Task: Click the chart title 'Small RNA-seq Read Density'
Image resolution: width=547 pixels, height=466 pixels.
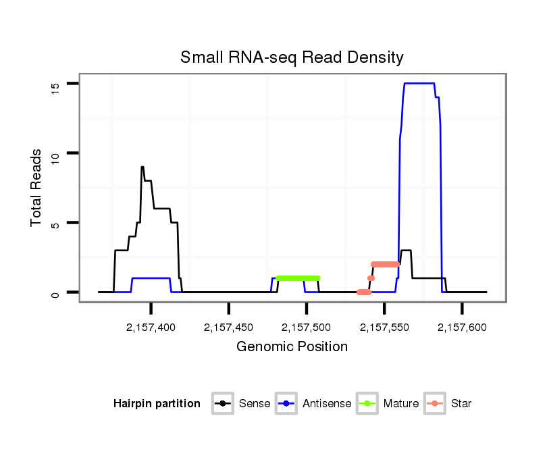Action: coord(292,57)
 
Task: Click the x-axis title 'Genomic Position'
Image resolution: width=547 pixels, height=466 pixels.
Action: coord(292,347)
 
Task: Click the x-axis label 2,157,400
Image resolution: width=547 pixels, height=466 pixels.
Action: coord(151,328)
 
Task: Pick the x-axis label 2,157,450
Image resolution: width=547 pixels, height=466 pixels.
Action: coord(228,328)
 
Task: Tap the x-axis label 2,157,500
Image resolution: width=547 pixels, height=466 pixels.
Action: coord(306,328)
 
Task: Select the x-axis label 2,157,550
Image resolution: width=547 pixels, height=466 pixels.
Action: coord(384,328)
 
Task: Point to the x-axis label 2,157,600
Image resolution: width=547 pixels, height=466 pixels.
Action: coord(462,328)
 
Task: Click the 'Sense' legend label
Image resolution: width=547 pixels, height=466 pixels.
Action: coord(255,404)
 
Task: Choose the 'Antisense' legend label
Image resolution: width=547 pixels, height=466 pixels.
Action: coord(327,404)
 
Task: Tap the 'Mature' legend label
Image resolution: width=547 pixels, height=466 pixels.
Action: coord(401,404)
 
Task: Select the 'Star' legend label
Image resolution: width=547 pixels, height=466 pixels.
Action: coord(461,404)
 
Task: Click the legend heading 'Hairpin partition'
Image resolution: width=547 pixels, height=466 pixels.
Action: coord(157,404)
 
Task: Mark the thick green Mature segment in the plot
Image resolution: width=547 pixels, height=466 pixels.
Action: coord(298,278)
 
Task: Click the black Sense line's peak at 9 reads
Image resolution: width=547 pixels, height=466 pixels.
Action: coord(142,167)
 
